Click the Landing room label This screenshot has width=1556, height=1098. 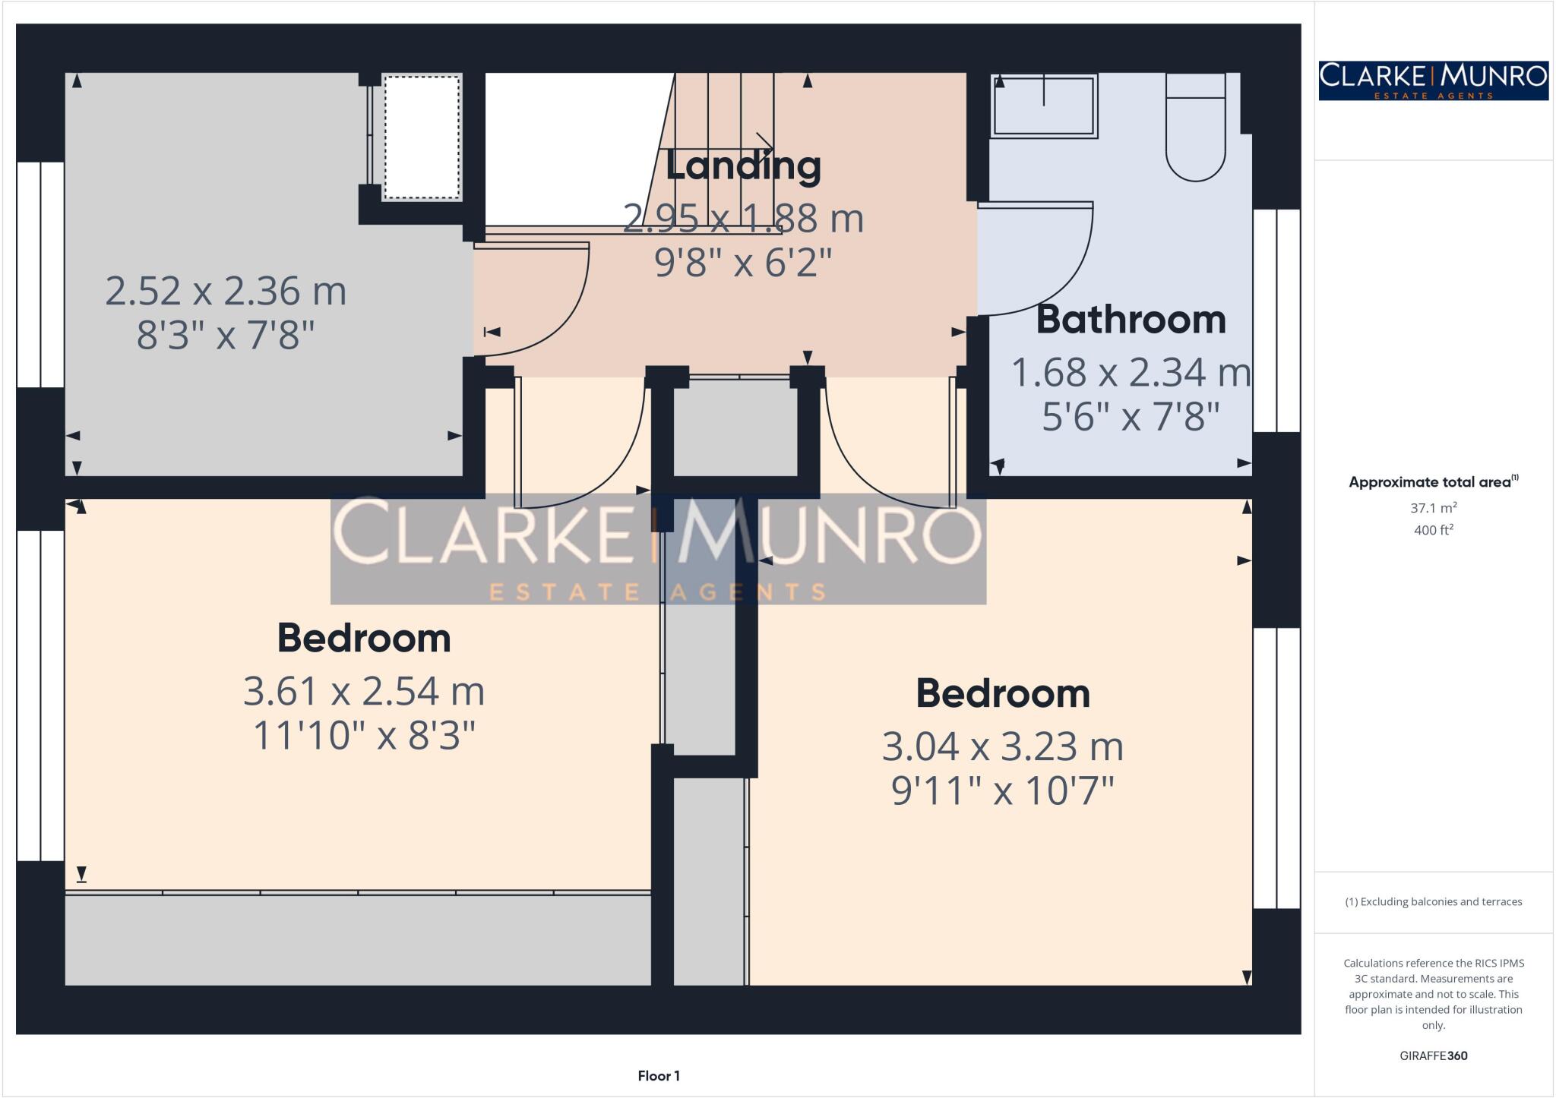point(742,166)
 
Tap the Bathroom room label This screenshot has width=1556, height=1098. point(1131,320)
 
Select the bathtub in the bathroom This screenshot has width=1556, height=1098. point(1045,106)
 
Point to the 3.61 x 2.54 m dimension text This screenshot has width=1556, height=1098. point(363,691)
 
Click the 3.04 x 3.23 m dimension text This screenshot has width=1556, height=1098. point(1002,746)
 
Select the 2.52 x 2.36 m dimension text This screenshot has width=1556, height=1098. point(225,291)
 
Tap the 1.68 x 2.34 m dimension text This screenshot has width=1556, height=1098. point(1131,373)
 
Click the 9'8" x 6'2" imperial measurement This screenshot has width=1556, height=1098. point(742,263)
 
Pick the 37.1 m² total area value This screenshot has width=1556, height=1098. point(1433,508)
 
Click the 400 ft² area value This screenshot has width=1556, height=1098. point(1433,530)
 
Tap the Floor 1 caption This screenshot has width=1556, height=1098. point(658,1076)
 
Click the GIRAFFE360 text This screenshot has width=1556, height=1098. point(1433,1055)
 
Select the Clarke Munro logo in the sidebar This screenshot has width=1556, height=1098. point(1433,80)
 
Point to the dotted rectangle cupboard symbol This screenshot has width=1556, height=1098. point(422,137)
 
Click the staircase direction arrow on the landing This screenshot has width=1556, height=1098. point(764,142)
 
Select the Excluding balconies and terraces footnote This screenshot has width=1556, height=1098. point(1433,902)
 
